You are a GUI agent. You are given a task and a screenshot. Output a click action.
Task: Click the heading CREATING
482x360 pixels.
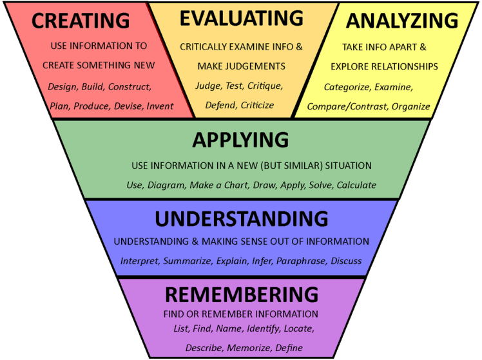(81, 20)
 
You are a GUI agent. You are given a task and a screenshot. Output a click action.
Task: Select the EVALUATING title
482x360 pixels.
(241, 18)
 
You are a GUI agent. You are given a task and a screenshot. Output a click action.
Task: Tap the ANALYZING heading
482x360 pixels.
(402, 21)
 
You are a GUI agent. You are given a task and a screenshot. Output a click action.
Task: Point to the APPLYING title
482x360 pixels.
(240, 140)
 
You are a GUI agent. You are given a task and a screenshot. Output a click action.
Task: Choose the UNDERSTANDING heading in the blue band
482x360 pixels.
(242, 219)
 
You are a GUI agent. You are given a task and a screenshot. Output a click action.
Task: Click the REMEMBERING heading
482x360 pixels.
(242, 294)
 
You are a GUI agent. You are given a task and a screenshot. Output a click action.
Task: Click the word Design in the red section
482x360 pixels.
(62, 86)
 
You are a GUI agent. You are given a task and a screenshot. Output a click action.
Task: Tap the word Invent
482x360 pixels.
(160, 106)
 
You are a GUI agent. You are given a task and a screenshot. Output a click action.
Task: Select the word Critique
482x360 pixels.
(265, 84)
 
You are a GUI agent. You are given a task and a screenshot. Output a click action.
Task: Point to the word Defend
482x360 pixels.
(220, 105)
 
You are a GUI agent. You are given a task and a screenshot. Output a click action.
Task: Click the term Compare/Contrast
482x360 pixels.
(347, 106)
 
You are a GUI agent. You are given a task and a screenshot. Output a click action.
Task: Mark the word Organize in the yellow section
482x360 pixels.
(411, 106)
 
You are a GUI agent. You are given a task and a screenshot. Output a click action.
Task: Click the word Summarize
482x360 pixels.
(186, 261)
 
